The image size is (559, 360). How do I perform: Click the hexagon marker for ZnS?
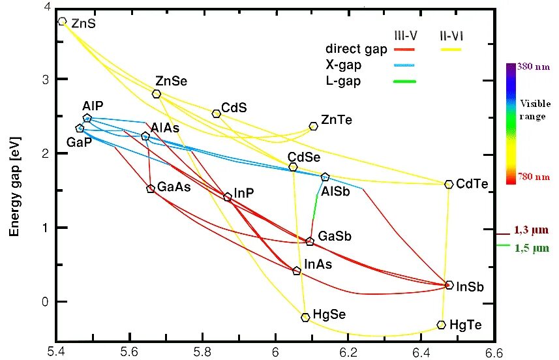(x=62, y=22)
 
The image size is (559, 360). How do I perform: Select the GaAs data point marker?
(x=151, y=188)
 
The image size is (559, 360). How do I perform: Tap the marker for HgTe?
(x=441, y=325)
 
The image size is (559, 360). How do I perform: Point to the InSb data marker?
(x=449, y=285)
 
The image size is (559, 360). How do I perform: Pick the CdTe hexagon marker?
(x=448, y=185)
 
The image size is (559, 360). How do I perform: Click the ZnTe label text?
(x=336, y=119)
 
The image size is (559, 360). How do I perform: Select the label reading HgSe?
(x=329, y=314)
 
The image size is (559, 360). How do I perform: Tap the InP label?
(x=244, y=192)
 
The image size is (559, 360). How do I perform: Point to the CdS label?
(x=234, y=107)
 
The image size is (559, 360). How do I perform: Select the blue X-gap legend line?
(x=405, y=65)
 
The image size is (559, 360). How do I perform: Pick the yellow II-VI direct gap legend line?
(x=451, y=50)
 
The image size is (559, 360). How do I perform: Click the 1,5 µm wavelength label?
(x=531, y=248)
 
